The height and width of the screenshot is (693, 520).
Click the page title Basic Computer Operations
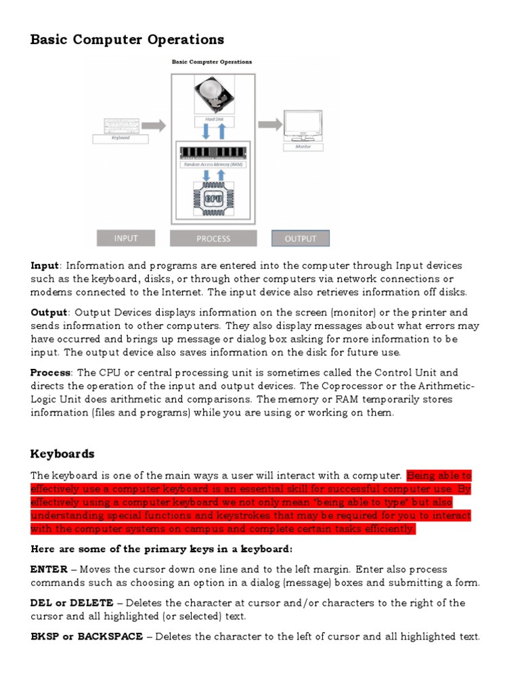tap(127, 39)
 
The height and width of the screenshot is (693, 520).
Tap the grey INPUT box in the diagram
tap(126, 238)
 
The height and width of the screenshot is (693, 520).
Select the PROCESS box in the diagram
tap(213, 238)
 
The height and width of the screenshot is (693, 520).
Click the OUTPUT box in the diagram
tap(300, 238)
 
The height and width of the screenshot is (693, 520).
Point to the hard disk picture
tap(214, 95)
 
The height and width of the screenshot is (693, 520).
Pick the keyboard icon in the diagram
tap(121, 125)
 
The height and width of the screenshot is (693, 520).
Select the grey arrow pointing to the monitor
tap(271, 125)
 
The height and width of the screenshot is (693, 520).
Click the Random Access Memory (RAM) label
tap(213, 164)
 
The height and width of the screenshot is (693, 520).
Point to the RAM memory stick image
tap(213, 152)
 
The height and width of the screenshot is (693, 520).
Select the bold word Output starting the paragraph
tap(49, 312)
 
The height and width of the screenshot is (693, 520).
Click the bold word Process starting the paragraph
tap(51, 372)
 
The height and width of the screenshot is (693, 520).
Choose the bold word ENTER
tap(49, 569)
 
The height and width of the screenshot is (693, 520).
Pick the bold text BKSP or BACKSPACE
tap(87, 636)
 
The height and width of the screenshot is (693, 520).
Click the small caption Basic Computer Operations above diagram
tap(212, 62)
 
